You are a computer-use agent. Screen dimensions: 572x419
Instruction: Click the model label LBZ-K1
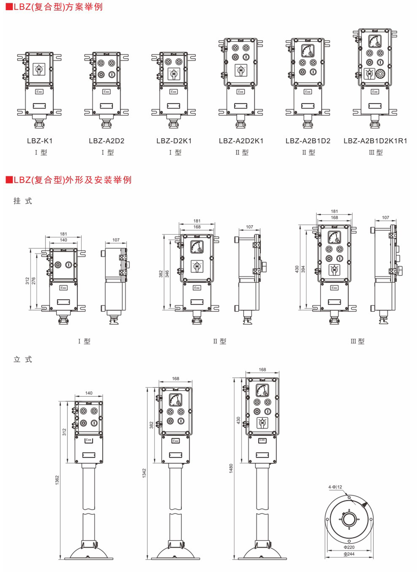coord(40,141)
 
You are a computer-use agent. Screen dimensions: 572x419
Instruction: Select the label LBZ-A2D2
coord(107,141)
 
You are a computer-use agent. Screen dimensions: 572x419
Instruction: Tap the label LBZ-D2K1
coord(174,141)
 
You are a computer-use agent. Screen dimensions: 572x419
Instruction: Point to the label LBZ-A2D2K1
coord(241,141)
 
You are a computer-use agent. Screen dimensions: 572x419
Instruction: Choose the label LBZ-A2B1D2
coord(308,141)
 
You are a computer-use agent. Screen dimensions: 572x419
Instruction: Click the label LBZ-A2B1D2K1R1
coord(375,141)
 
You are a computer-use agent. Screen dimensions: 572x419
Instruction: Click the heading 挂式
coord(23,201)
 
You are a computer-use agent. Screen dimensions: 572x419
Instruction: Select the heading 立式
coord(23,360)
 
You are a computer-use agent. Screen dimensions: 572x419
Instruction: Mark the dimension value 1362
coord(57,480)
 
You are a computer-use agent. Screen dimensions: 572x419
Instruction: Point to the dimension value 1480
coord(231,468)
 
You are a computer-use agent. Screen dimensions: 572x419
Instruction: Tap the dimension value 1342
coord(144,473)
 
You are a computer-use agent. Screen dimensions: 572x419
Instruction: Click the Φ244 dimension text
coord(349,554)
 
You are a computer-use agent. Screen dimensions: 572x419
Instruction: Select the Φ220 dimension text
coord(349,547)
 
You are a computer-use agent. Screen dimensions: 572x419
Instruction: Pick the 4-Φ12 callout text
coord(335,487)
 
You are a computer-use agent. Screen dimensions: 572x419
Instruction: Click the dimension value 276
coord(34,280)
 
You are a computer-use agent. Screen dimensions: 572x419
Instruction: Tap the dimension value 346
coord(167,274)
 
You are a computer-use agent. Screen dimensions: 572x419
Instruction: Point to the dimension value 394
coord(303,269)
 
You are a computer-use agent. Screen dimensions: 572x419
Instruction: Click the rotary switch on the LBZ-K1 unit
coord(39,69)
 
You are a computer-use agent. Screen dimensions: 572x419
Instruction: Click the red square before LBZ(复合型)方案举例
coord(9,6)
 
